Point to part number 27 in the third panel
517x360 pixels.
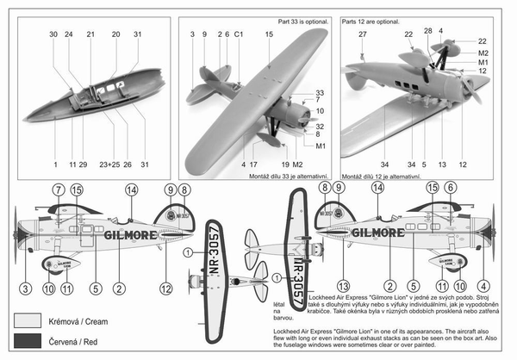coord(363,34)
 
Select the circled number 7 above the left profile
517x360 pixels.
coord(58,189)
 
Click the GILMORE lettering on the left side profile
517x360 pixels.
coord(130,233)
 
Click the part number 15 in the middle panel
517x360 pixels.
coord(269,34)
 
